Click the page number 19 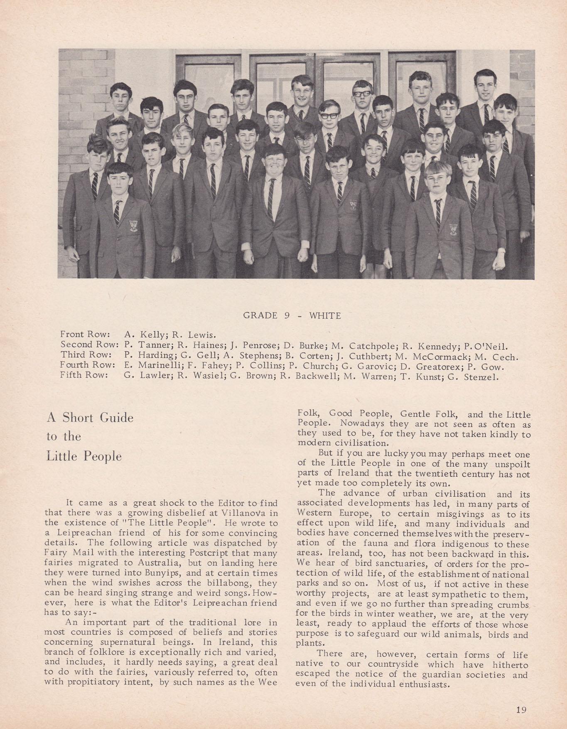[x=521, y=709]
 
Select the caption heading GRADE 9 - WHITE [x=292, y=315]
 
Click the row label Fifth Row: [x=84, y=375]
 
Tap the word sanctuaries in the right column [x=371, y=564]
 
